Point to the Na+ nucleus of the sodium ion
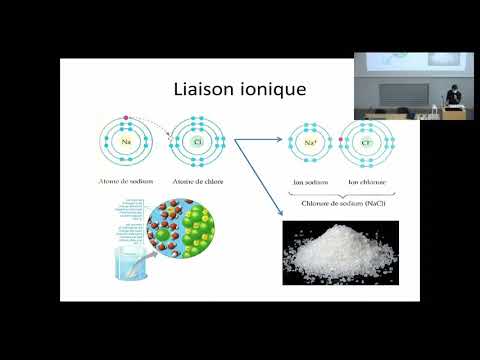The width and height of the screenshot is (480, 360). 310,145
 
